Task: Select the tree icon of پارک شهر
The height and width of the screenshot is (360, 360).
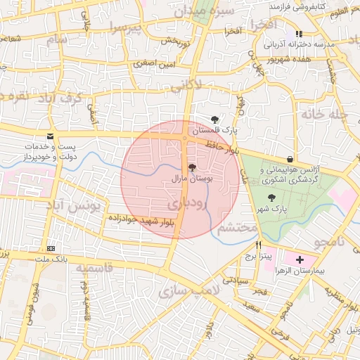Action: pos(272,198)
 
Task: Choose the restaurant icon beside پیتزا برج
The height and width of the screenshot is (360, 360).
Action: pos(259,245)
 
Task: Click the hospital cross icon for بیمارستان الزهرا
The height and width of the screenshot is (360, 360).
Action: pos(300,259)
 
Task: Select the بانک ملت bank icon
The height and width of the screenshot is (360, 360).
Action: pos(51,248)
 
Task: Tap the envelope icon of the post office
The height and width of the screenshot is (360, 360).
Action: pos(49,136)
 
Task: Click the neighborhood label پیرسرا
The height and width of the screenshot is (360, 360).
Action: pos(126,29)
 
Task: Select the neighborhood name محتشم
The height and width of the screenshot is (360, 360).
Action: pos(235,229)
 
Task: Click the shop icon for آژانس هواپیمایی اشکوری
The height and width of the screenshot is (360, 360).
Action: pos(290,159)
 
